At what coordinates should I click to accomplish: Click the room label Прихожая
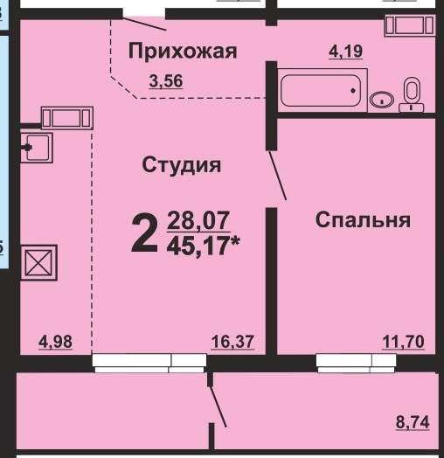[183, 51]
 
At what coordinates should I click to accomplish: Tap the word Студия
[182, 165]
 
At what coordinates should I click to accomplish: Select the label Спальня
[363, 219]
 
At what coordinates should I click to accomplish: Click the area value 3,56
[166, 81]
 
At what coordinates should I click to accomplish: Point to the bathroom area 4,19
[346, 52]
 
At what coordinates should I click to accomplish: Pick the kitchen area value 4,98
[56, 342]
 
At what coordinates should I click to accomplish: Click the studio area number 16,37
[232, 342]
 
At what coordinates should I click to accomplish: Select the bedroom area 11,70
[404, 342]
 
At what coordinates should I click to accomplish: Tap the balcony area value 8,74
[413, 422]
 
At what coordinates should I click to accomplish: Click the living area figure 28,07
[198, 221]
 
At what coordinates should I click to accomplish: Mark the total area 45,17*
[204, 246]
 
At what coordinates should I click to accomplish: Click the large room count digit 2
[144, 232]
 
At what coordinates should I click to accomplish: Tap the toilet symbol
[412, 94]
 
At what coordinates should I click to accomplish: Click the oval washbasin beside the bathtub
[382, 100]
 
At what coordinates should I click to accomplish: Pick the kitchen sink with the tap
[37, 148]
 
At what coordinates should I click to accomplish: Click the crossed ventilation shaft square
[38, 262]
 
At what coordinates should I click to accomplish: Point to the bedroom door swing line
[278, 176]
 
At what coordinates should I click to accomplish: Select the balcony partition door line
[218, 406]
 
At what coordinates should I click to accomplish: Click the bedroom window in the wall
[356, 363]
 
